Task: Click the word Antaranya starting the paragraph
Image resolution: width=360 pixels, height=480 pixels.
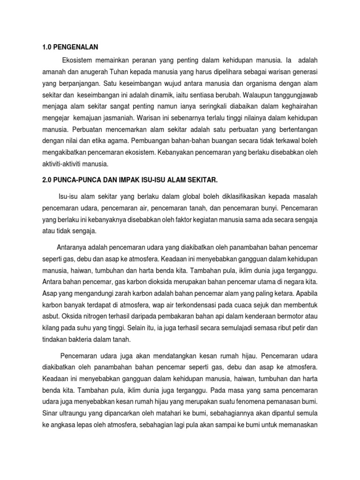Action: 73,247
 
